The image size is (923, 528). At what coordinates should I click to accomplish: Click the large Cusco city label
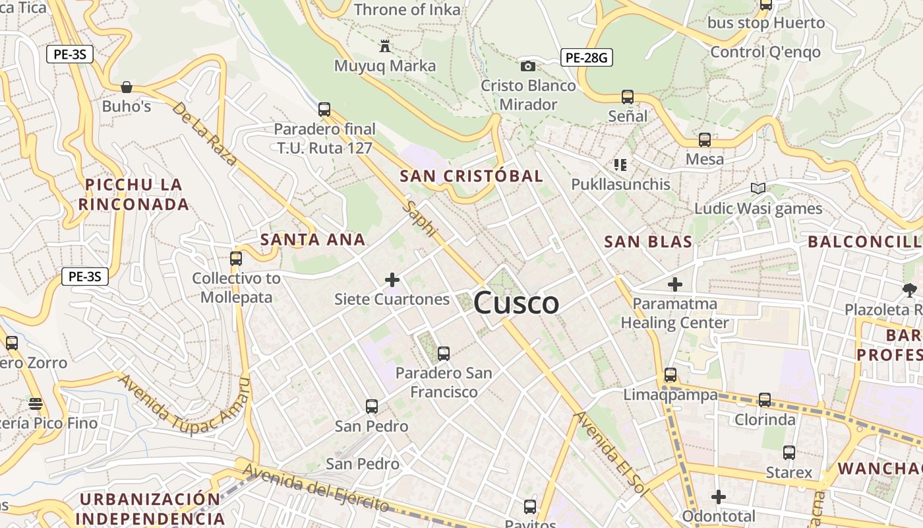[516, 303]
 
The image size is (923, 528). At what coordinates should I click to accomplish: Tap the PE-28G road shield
[587, 57]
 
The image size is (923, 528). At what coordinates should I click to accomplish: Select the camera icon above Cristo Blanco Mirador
[527, 66]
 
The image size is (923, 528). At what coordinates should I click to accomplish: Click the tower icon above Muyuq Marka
[385, 46]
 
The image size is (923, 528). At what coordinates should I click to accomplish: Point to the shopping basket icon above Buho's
[127, 86]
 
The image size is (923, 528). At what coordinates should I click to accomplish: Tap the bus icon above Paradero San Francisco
[444, 354]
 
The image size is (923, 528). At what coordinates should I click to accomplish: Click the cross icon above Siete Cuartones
[392, 280]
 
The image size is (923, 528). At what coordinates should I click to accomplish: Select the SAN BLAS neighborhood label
[648, 242]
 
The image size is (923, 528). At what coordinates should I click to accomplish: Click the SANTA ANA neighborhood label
[313, 239]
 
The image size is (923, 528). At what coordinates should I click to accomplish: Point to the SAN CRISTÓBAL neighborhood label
[471, 176]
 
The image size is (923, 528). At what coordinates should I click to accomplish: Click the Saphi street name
[420, 218]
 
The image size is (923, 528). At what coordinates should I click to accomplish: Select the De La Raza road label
[204, 133]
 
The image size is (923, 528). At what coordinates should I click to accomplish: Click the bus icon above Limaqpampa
[670, 375]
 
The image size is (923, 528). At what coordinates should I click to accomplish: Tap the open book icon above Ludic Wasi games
[758, 189]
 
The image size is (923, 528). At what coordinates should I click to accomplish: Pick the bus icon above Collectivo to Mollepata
[236, 259]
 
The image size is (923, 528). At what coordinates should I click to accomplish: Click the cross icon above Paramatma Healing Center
[675, 284]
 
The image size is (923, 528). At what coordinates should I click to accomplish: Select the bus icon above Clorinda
[765, 399]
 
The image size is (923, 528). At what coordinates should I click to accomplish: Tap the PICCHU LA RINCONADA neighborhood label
[134, 194]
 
